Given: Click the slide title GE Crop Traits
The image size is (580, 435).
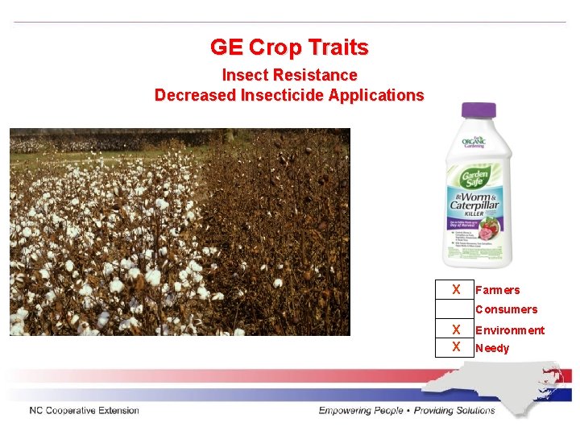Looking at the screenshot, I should click(289, 48).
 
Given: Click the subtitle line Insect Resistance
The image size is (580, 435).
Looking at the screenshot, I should click(289, 75).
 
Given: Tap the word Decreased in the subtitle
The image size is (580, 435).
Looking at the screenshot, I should click(192, 95).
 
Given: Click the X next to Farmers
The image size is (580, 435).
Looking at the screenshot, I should click(456, 289).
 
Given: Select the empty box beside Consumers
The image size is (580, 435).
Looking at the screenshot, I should click(456, 309).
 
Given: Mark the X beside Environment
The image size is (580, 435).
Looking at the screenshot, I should click(456, 329).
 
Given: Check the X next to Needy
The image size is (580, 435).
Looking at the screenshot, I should click(456, 347).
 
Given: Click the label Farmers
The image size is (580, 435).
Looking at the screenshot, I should click(498, 290).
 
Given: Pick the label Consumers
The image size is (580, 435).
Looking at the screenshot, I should click(506, 309).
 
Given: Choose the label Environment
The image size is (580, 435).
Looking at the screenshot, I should click(510, 330).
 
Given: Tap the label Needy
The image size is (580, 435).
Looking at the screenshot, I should click(492, 349).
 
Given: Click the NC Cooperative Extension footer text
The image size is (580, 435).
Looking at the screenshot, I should click(84, 411).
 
